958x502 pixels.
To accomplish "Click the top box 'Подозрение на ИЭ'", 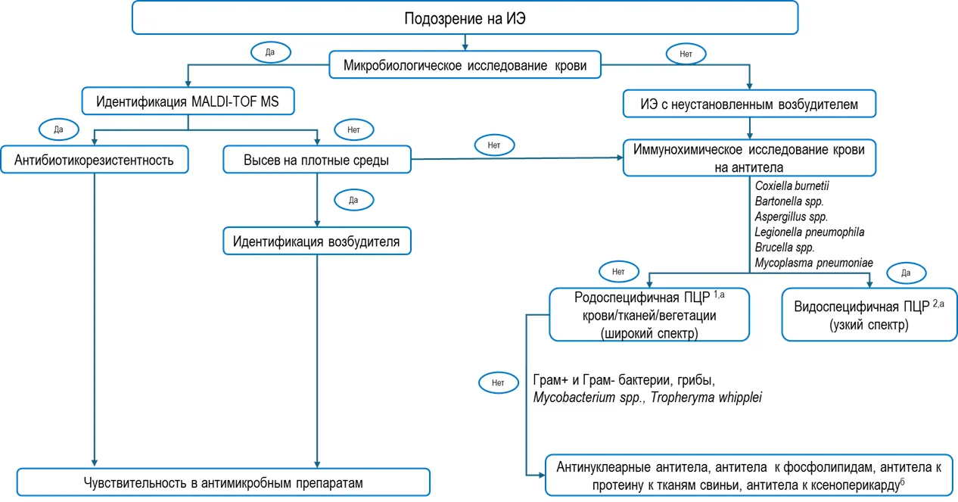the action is pos(465,18).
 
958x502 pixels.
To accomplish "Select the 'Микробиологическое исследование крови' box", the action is pos(465,65).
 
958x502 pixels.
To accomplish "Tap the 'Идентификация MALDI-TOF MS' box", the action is pos(188,101).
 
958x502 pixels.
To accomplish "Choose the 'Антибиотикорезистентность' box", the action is pos(94,160).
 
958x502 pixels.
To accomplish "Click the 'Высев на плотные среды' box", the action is pos(317,160).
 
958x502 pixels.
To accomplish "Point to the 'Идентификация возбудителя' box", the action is pos(317,241).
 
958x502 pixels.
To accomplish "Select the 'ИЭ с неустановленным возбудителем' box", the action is pos(749,104).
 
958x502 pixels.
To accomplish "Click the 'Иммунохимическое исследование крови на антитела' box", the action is pos(749,158).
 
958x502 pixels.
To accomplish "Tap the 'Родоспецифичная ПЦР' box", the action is pos(649,314).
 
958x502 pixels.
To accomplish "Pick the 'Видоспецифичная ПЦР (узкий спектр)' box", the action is pos(869,314).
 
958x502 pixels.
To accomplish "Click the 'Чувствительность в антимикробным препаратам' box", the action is pos(223,482).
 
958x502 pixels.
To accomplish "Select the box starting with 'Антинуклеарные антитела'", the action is pos(749,475).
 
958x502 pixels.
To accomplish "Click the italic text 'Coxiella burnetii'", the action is pos(792,186).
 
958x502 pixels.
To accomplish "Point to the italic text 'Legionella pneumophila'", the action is pos(809,232).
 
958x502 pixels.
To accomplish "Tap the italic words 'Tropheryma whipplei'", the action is pos(706,398).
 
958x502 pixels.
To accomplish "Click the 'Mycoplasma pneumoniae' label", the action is pos(813,263).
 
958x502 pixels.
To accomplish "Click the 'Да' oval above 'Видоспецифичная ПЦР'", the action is pos(907,273).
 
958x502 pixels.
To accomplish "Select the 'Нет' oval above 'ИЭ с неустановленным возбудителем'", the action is pos(686,54).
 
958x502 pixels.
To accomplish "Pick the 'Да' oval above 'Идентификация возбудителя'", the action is pos(353,200).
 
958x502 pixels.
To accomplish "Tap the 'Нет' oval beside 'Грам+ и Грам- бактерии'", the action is pos(498,382).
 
